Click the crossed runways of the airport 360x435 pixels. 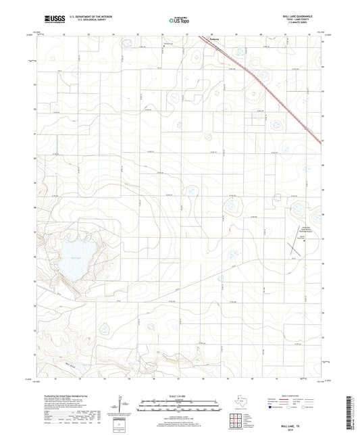[x=295, y=249]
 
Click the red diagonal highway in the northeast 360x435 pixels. [x=277, y=95]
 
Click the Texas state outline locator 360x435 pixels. [x=241, y=400]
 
